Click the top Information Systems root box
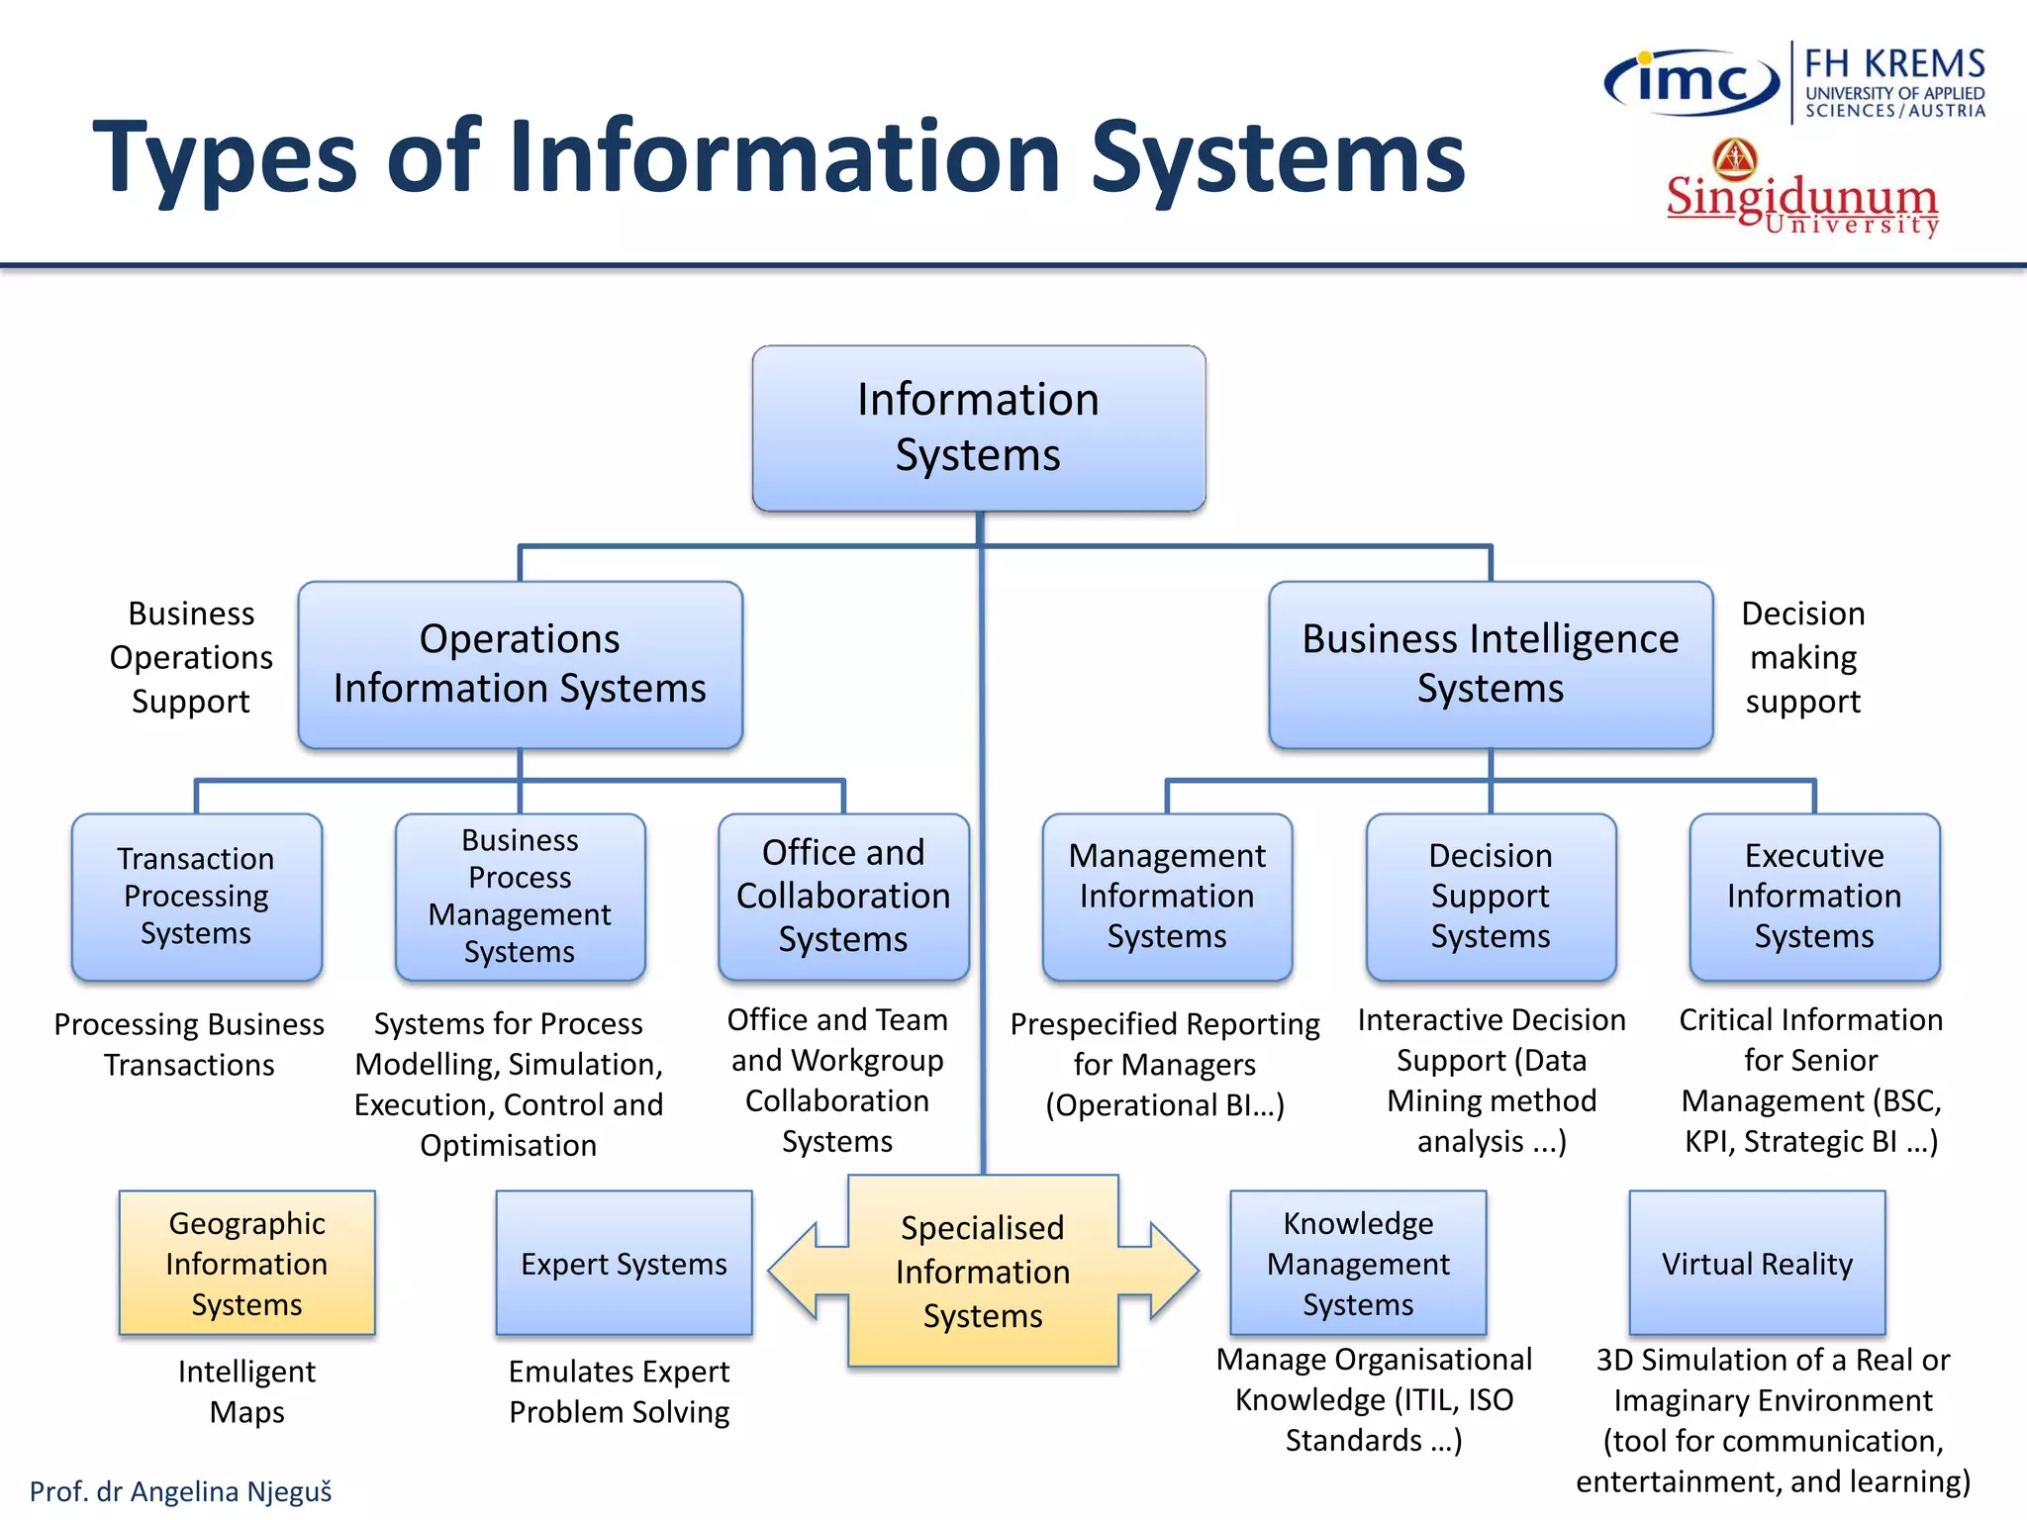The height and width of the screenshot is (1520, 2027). [x=978, y=427]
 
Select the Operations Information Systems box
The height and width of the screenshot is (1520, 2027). [x=520, y=664]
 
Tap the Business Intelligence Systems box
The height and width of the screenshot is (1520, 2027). [x=1490, y=664]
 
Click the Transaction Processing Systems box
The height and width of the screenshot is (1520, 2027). [x=196, y=897]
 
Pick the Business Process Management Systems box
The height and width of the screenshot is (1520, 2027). [x=520, y=897]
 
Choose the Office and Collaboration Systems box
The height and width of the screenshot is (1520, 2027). [x=843, y=897]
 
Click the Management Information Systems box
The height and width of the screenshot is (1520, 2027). [x=1167, y=897]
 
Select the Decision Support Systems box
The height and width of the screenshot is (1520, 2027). [x=1491, y=897]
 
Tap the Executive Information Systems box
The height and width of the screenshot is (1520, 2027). [x=1814, y=897]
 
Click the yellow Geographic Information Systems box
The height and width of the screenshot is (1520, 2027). [x=246, y=1263]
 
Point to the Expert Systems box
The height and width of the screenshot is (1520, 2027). [x=624, y=1263]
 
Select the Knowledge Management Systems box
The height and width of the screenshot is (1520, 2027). [x=1358, y=1263]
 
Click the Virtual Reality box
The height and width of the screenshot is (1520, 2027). [x=1757, y=1263]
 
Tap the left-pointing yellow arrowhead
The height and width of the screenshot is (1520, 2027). [x=797, y=1271]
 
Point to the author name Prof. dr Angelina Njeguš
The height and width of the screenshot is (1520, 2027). [x=180, y=1491]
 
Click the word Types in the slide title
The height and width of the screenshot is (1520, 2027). [x=224, y=158]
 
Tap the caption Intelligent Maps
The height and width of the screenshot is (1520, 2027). [x=246, y=1391]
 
